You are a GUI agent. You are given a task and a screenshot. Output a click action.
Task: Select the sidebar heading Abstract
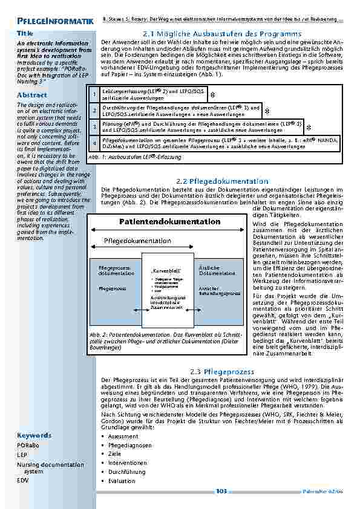[x=32, y=96]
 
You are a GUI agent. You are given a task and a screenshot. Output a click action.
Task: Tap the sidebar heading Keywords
[x=34, y=435]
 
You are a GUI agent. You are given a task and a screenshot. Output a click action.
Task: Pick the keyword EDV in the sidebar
[x=22, y=480]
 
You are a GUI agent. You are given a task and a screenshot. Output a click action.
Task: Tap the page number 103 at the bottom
[x=221, y=491]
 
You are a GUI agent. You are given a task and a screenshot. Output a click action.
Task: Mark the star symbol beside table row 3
[x=308, y=128]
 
